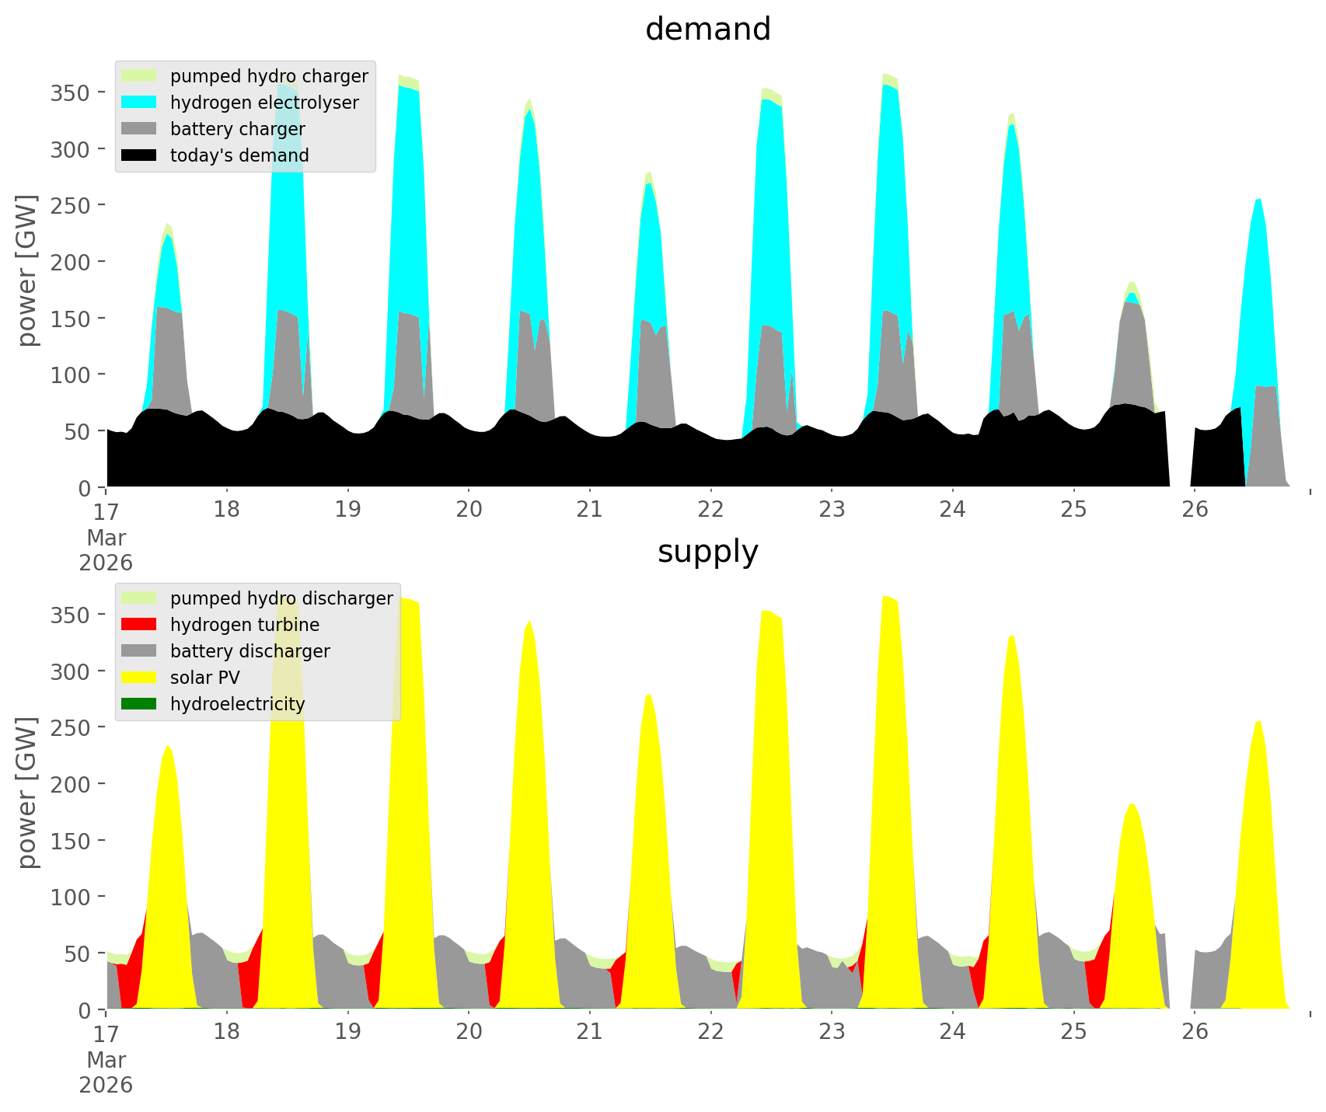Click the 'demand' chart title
coord(707,30)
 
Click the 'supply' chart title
coord(707,552)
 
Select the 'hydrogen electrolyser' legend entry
coord(263,103)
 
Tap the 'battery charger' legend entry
coord(237,129)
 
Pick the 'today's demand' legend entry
coord(239,155)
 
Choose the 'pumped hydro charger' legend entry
coord(268,76)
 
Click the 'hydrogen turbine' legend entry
coord(244,625)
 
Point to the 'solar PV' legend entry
coord(204,678)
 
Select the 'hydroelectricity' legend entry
coord(237,704)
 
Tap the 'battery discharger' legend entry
coord(249,651)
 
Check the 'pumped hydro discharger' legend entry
coord(281,598)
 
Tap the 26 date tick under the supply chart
coord(1195,1032)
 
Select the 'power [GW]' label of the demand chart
coord(27,270)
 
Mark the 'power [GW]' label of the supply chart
coord(27,793)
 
